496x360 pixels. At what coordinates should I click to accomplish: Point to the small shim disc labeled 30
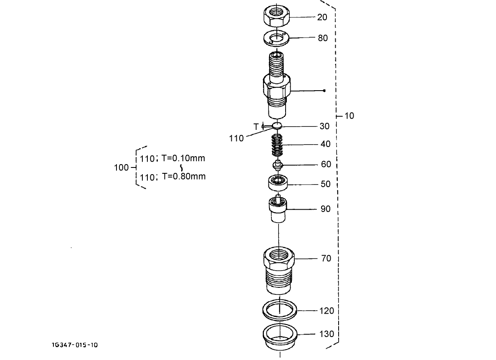coord(277,125)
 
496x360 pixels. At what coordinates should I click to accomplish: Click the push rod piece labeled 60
coord(277,165)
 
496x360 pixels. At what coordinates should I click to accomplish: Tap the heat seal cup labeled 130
coord(279,335)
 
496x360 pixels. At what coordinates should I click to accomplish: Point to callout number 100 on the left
coord(121,167)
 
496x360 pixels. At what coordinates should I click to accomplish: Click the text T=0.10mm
coord(183,158)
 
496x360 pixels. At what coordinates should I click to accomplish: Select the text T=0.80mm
coord(184,176)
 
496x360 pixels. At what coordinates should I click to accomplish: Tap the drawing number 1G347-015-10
coord(75,345)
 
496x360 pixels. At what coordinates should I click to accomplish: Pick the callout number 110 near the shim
coord(236,138)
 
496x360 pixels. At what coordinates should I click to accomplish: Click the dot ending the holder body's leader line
coord(324,91)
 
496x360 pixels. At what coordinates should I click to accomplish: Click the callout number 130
coord(327,334)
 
